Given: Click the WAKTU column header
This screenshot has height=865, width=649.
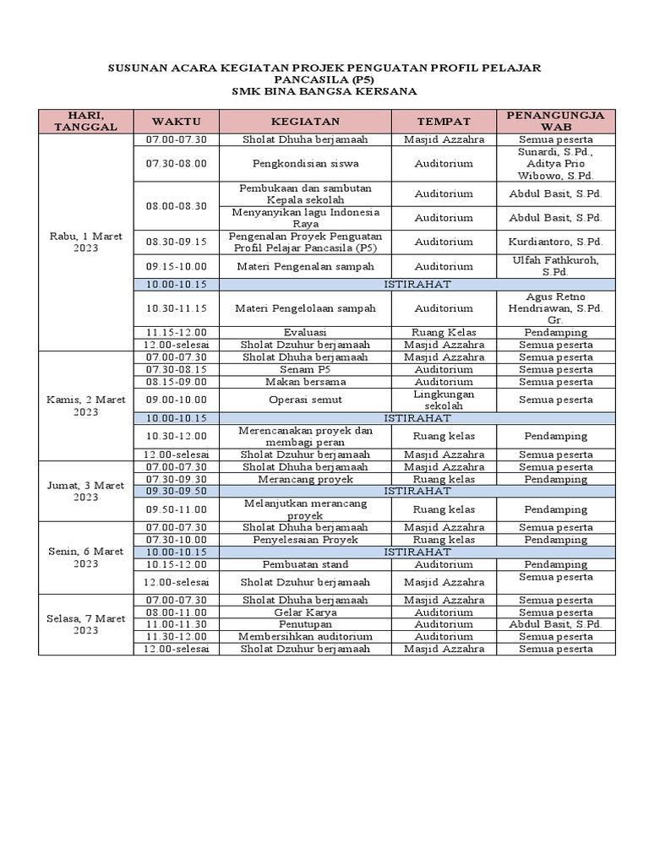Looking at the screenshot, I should (x=177, y=122).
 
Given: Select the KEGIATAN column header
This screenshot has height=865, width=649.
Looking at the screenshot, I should (x=306, y=122).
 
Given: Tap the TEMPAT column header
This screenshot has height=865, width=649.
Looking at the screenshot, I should (x=444, y=122).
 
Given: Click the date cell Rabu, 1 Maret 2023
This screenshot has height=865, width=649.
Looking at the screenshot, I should (x=85, y=242).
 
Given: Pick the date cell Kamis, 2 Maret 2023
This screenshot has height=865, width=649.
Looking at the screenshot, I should (x=85, y=405).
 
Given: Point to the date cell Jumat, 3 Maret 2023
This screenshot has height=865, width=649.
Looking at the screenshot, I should (x=85, y=491).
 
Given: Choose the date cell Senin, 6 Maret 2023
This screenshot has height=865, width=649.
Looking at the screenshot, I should (x=85, y=558).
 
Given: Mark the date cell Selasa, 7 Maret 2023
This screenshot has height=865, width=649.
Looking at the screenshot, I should (x=85, y=624).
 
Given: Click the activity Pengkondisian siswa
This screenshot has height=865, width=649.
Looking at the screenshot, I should (x=306, y=163).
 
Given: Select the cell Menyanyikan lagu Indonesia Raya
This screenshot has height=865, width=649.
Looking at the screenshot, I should (x=306, y=217).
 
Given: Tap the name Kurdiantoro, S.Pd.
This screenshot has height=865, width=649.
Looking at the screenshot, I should (x=555, y=242).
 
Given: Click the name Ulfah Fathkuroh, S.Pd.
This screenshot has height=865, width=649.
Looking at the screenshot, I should (x=555, y=266).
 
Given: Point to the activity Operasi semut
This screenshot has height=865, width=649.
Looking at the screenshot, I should (x=306, y=400).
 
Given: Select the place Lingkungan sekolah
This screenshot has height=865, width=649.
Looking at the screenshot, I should (x=444, y=400).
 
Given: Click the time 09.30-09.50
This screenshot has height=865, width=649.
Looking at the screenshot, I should (x=177, y=491).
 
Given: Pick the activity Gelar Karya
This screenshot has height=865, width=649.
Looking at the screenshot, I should (x=306, y=612).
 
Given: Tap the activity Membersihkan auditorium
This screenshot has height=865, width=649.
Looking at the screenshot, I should (x=306, y=636).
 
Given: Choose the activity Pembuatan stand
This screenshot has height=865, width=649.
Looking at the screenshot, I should (x=306, y=564).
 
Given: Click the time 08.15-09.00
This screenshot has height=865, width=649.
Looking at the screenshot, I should (x=177, y=382).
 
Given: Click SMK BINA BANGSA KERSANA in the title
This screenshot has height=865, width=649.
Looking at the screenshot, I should (x=324, y=91).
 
